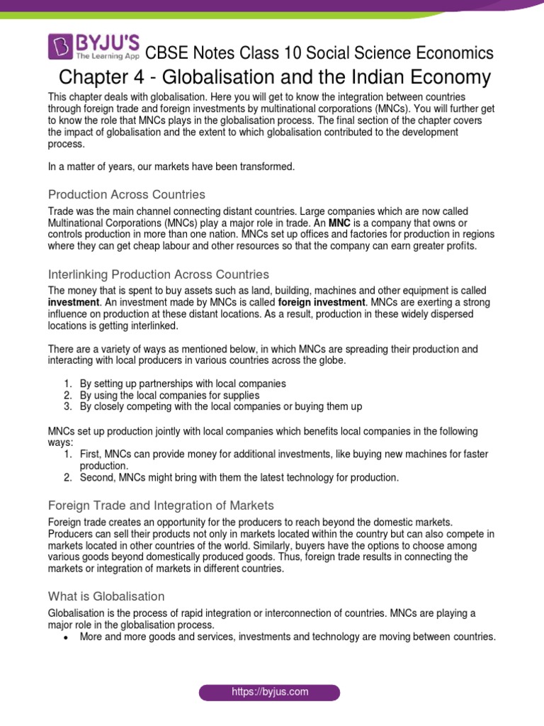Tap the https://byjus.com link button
pyautogui.click(x=269, y=692)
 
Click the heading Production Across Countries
pyautogui.click(x=126, y=194)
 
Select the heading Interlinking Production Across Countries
pyautogui.click(x=158, y=274)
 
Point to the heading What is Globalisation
pyautogui.click(x=106, y=596)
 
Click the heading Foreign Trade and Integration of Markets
pyautogui.click(x=161, y=506)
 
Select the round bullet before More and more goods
pyautogui.click(x=65, y=637)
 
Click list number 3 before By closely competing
pyautogui.click(x=67, y=406)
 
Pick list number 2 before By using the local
pyautogui.click(x=67, y=395)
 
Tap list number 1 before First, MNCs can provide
pyautogui.click(x=67, y=454)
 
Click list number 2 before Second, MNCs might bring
pyautogui.click(x=67, y=478)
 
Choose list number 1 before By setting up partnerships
pyautogui.click(x=67, y=384)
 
